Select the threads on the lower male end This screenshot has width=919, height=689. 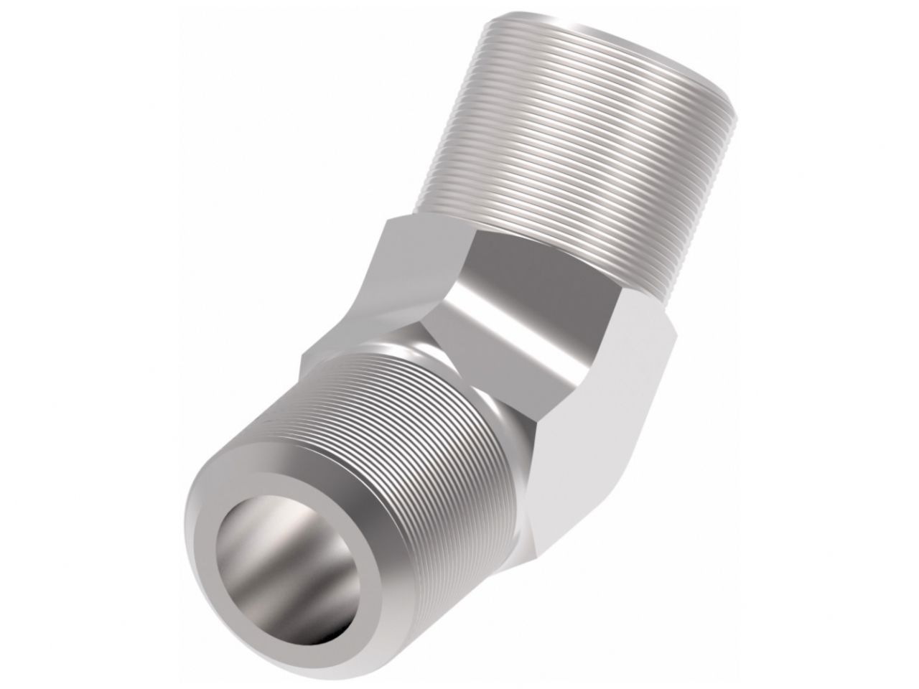point(402,459)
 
